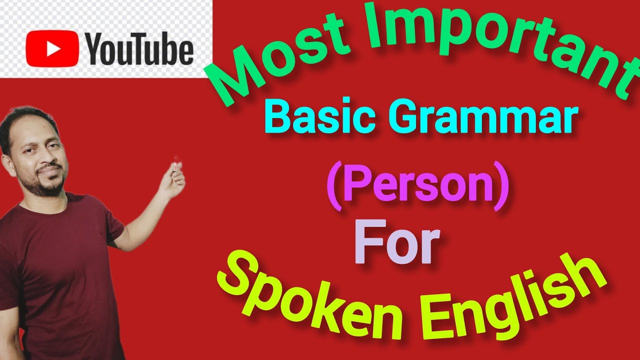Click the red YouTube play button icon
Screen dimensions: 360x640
(52, 48)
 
